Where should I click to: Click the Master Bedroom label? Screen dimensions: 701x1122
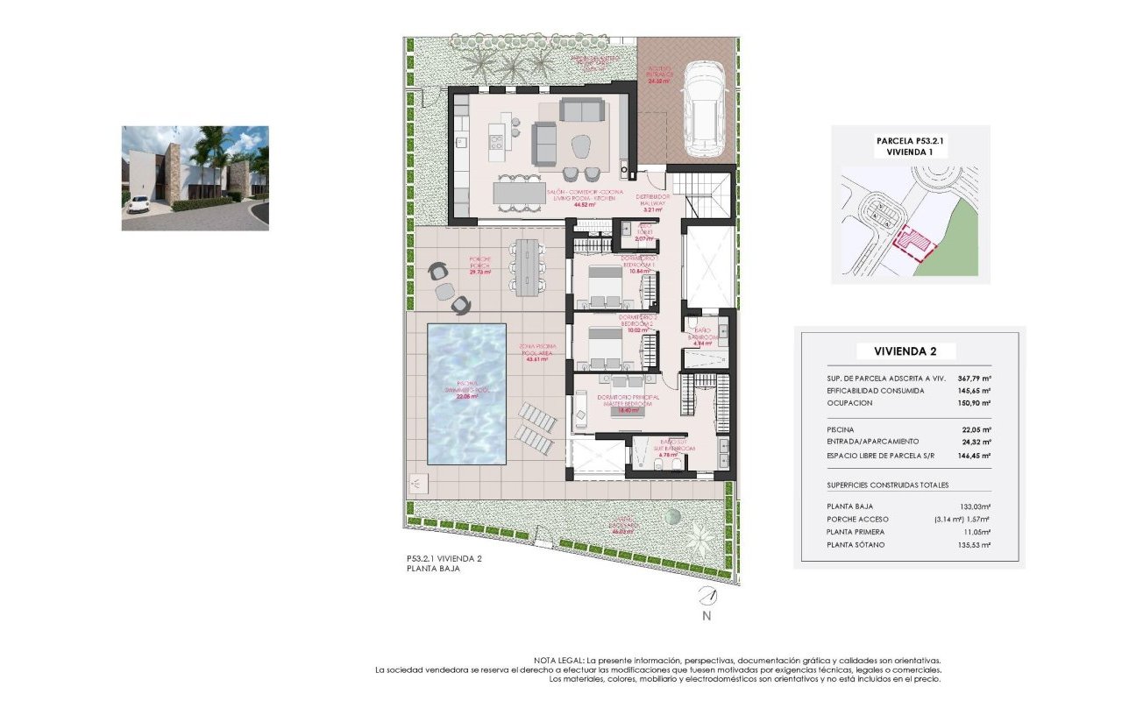point(627,400)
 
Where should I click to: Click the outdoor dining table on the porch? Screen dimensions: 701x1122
point(528,266)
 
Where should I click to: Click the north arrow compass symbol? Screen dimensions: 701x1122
point(707,597)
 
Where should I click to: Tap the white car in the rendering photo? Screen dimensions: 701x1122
point(137,203)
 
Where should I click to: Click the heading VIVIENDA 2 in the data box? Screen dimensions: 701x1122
point(905,351)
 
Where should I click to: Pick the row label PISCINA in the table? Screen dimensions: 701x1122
point(840,429)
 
